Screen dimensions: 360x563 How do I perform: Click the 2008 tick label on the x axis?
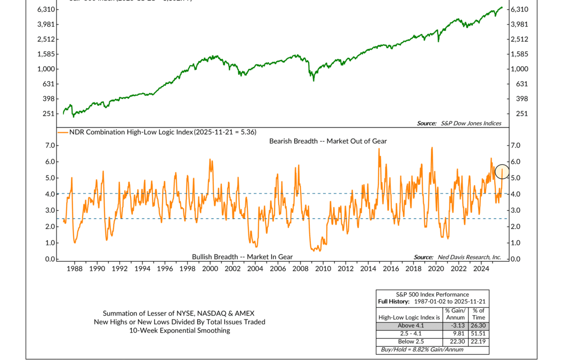(x=300, y=269)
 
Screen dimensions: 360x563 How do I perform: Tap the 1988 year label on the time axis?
(x=75, y=269)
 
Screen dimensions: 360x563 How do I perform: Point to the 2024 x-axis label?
(x=481, y=269)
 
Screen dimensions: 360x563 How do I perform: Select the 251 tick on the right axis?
(x=517, y=114)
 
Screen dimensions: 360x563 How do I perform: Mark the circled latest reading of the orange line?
(x=502, y=171)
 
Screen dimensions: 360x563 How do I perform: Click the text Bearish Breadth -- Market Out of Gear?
(x=328, y=141)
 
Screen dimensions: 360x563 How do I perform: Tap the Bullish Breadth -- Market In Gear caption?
(x=242, y=257)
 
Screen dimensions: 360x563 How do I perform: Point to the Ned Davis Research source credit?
(x=457, y=257)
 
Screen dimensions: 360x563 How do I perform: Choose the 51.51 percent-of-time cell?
(x=478, y=334)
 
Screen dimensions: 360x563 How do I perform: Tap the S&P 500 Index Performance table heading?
(x=432, y=294)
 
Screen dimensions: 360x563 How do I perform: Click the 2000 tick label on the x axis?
(x=210, y=269)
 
